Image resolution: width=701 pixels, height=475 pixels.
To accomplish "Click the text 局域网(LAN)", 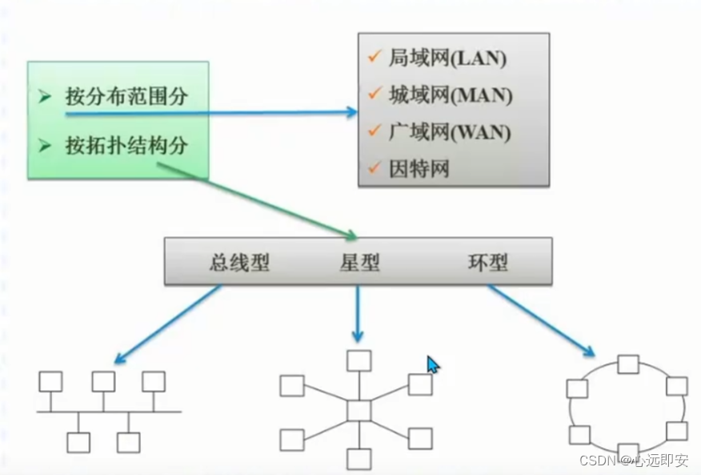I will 447,58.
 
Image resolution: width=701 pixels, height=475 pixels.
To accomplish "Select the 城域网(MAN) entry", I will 450,95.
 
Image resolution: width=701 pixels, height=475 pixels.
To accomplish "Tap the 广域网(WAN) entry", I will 449,131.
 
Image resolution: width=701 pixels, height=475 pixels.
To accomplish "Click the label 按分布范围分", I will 126,97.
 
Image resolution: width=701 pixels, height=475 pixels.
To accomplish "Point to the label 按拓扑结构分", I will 126,146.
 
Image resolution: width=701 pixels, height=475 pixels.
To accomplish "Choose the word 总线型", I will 240,263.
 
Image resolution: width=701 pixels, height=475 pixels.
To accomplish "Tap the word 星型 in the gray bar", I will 359,263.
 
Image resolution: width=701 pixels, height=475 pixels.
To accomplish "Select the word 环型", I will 487,263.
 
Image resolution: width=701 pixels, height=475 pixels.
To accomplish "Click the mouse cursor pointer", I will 432,364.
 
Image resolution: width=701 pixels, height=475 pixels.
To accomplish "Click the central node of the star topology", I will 359,410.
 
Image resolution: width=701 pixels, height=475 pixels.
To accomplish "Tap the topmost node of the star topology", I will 359,360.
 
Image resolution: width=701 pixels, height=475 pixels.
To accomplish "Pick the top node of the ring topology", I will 627,365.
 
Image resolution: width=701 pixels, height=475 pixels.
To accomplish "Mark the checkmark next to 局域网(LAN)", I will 373,57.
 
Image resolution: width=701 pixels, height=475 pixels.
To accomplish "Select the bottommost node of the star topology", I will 359,459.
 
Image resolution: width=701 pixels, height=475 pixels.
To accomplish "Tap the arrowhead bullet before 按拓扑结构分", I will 45,146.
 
